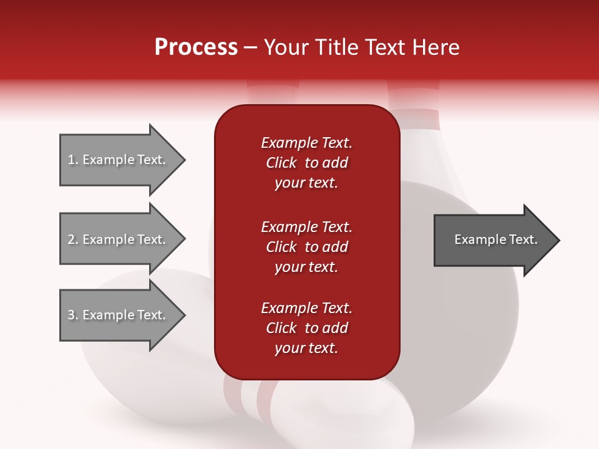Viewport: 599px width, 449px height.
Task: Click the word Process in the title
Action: (196, 47)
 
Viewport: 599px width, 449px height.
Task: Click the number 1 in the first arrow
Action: (72, 160)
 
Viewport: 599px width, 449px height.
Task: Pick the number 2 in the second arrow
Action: (72, 239)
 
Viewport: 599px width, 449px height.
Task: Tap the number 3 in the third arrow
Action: (72, 315)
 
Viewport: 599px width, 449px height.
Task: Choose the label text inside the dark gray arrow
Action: (496, 239)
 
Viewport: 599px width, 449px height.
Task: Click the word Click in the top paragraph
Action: (281, 163)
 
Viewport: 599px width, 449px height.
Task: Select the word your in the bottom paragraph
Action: (289, 349)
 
